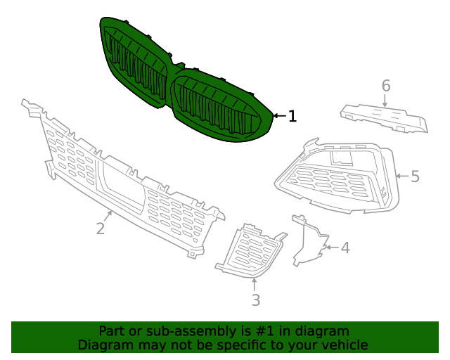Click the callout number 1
(x=292, y=116)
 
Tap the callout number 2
(x=101, y=229)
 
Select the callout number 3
(x=256, y=300)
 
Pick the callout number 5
(x=415, y=176)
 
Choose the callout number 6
(x=385, y=86)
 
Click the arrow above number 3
(x=255, y=283)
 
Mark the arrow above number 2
(x=109, y=215)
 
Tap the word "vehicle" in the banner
(x=342, y=345)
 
